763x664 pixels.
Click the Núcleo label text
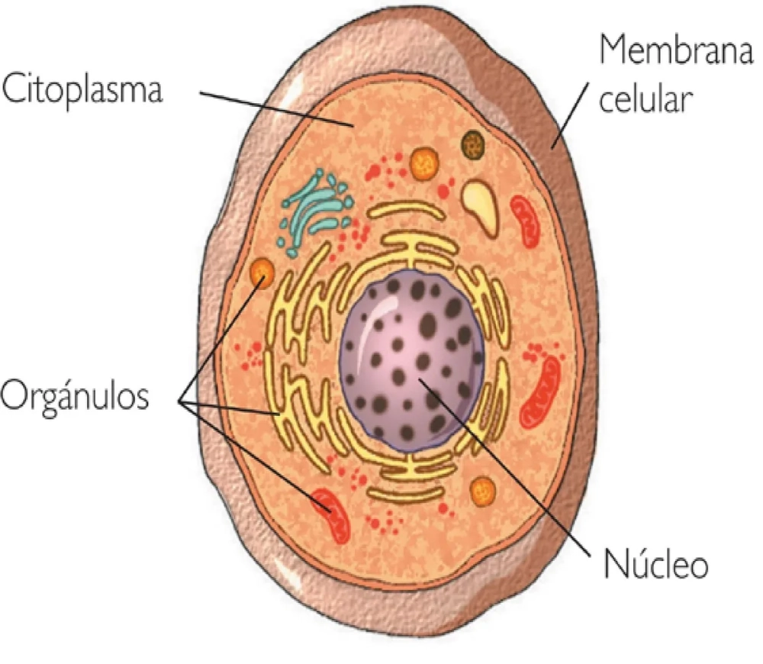[x=656, y=565]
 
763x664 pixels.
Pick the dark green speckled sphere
[x=474, y=143]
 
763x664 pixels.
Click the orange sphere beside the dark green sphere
[x=423, y=162]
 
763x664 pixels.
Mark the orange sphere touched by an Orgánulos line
[x=262, y=271]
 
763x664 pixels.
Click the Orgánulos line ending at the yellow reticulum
[x=229, y=408]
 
